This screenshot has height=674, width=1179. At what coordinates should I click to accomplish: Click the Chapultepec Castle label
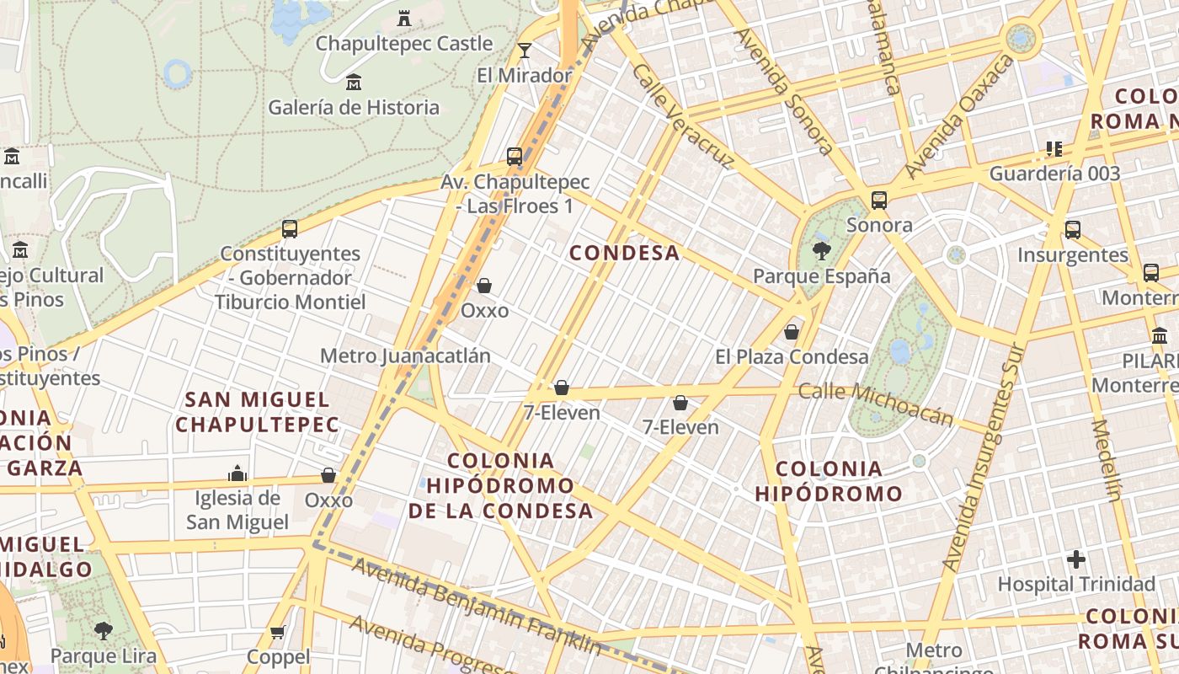tap(403, 43)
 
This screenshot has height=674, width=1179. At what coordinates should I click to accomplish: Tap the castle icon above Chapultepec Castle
tap(403, 18)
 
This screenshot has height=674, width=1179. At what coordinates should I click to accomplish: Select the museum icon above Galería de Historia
tap(354, 83)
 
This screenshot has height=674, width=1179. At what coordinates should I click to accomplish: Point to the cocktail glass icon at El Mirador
tap(525, 51)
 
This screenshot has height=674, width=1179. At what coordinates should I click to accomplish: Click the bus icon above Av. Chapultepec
tap(515, 157)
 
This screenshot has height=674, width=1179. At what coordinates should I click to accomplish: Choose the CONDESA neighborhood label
tap(624, 253)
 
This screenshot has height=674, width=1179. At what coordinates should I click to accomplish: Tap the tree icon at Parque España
tap(821, 250)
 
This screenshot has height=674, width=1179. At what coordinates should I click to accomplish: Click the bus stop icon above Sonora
tap(879, 201)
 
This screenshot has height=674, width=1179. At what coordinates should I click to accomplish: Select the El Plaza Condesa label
tap(792, 356)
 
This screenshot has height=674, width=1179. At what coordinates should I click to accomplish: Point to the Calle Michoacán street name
tap(876, 404)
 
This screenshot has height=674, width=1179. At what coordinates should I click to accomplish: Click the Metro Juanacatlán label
tap(405, 356)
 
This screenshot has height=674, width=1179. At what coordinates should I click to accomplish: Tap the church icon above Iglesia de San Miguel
tap(237, 473)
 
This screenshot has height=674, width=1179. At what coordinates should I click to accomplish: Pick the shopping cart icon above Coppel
tap(278, 632)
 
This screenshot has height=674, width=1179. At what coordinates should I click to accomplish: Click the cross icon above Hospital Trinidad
tap(1075, 559)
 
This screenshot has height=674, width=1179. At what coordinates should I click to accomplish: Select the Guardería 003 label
tap(1054, 174)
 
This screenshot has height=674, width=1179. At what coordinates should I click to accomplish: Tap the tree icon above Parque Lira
tap(104, 630)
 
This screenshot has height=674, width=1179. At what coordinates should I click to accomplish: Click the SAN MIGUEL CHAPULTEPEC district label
tap(257, 411)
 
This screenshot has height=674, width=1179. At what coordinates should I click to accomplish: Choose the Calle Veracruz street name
tap(680, 116)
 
